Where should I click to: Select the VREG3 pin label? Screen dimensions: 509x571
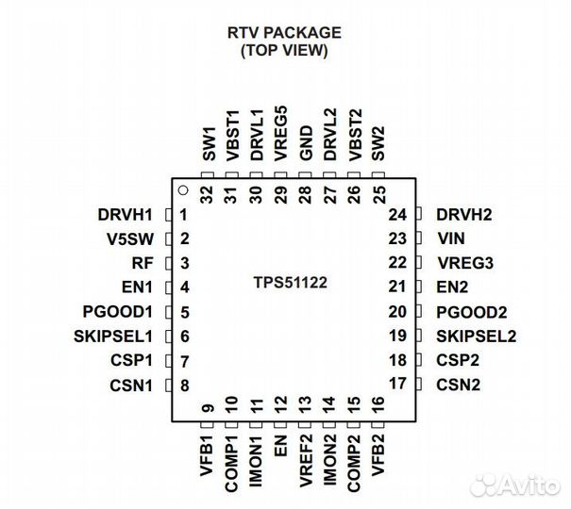click(462, 264)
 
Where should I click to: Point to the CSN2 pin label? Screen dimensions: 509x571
click(459, 385)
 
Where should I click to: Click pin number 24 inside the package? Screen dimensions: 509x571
click(396, 215)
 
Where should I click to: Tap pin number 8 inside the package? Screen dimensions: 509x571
click(185, 385)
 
